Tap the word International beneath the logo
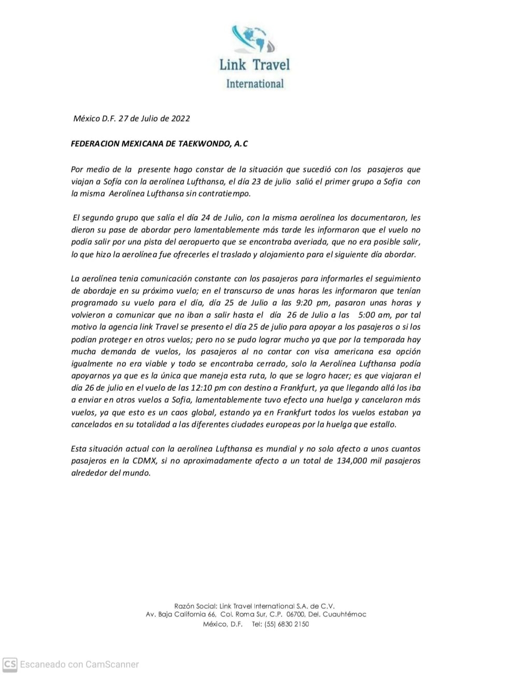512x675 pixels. (255, 84)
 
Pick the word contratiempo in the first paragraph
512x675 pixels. (223, 194)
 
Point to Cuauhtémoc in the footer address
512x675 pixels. (345, 614)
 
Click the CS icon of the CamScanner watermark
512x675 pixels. (10, 664)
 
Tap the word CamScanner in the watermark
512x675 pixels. (112, 664)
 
